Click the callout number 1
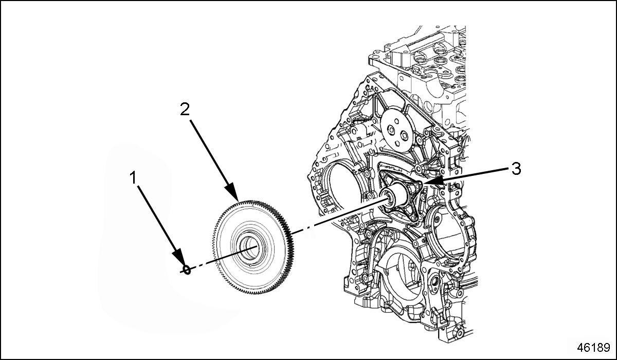click(x=133, y=178)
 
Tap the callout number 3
click(x=516, y=168)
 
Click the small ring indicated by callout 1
click(x=187, y=269)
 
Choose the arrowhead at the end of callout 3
click(x=428, y=182)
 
